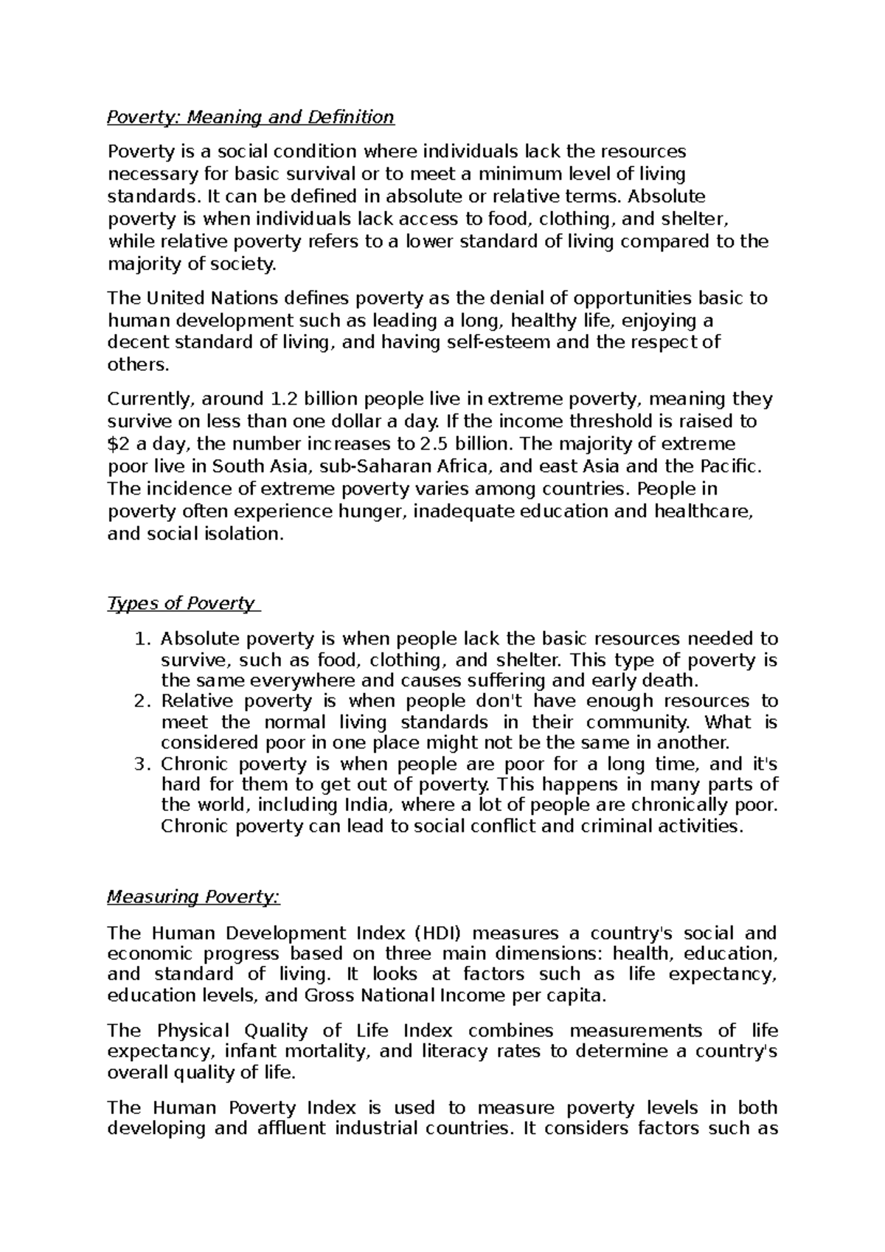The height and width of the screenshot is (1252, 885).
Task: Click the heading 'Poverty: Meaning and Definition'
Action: click(251, 116)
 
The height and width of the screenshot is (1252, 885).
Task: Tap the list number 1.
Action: click(143, 639)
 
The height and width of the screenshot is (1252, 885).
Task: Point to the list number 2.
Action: click(143, 701)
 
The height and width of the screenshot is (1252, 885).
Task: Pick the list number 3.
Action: click(143, 764)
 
